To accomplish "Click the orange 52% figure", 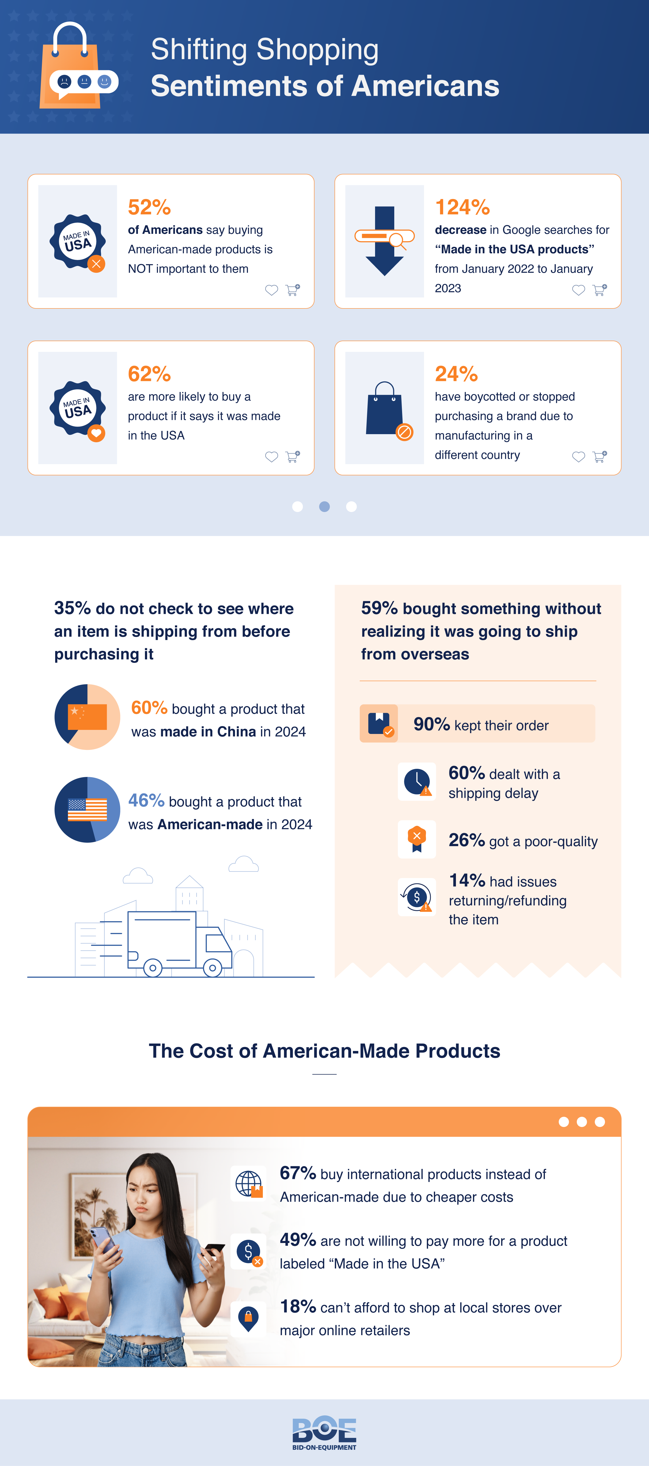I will [x=149, y=207].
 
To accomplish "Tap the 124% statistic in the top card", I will [x=462, y=207].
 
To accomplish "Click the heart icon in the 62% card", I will [x=271, y=456].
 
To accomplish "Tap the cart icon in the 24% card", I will [x=600, y=456].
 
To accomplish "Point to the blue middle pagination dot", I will [x=325, y=507].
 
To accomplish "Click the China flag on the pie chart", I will [x=87, y=716].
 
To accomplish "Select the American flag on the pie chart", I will [x=87, y=809].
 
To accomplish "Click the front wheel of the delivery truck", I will [x=212, y=968].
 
